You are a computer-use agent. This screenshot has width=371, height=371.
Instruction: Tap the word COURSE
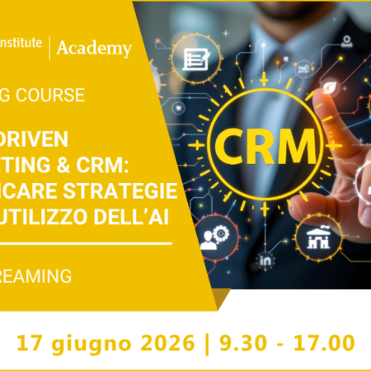(50, 95)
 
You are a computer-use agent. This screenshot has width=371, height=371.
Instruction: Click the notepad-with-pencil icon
(195, 59)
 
